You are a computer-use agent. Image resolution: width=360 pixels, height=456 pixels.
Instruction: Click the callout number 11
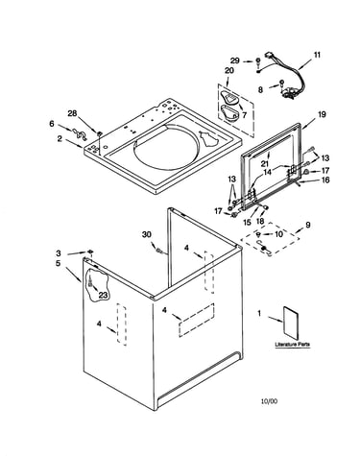(x=317, y=55)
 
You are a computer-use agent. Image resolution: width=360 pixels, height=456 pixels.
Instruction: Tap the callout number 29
(x=235, y=60)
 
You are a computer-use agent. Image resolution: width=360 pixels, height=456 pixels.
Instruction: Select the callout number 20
(x=229, y=71)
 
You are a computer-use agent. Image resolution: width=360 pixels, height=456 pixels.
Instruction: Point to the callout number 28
(x=72, y=113)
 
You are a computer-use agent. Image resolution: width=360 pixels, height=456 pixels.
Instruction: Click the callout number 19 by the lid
(x=322, y=114)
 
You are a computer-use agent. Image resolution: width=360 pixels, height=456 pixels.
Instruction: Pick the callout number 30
(x=146, y=234)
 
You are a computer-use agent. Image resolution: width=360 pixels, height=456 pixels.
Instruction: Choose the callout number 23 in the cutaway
(x=103, y=295)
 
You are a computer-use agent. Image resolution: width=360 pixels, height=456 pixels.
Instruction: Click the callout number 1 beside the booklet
(x=259, y=313)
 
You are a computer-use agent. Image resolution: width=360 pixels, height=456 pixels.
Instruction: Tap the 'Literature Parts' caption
(x=293, y=345)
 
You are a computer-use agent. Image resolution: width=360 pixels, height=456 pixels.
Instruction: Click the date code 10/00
(x=269, y=401)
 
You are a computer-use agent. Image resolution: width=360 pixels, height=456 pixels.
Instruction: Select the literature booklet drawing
(x=291, y=323)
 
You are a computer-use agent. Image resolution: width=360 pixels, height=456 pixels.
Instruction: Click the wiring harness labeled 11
(x=285, y=75)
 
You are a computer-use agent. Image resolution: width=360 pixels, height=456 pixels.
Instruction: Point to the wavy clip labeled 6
(x=80, y=133)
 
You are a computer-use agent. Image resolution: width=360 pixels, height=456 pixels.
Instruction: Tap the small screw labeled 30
(x=158, y=251)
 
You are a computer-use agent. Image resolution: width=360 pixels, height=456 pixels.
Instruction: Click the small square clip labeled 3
(x=90, y=252)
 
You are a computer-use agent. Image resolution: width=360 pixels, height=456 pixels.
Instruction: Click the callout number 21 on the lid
(x=264, y=163)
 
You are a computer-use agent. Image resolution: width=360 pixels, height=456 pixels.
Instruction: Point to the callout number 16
(x=325, y=180)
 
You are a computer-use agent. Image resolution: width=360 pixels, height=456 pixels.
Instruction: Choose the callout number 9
(x=307, y=225)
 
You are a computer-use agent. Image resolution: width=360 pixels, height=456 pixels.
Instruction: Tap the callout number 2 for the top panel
(x=60, y=139)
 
